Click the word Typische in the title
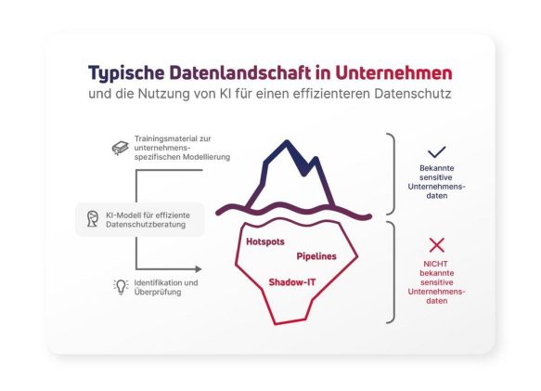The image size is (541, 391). pos(126,73)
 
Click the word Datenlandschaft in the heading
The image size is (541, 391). pos(239,72)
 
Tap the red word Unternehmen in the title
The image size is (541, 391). pos(393,72)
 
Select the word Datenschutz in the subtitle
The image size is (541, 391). pos(413,94)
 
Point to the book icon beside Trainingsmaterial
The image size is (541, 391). pos(120,148)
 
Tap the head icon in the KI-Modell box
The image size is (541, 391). pos(93,219)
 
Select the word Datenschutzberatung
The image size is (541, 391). pos(146,225)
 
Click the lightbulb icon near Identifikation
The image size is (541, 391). pos(121,287)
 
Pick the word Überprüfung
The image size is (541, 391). pos(158,293)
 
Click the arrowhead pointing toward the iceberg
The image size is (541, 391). pos(199,268)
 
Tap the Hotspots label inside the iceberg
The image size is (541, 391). pos(265,241)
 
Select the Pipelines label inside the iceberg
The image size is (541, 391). pos(316,256)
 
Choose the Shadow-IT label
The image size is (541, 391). pos(292,282)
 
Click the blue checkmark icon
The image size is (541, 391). pos(436,152)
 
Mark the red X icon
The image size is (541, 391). pos(436,245)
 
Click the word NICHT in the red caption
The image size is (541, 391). pos(435,264)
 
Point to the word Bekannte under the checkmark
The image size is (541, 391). pos(436,168)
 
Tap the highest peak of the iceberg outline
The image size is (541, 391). pos(287,141)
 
